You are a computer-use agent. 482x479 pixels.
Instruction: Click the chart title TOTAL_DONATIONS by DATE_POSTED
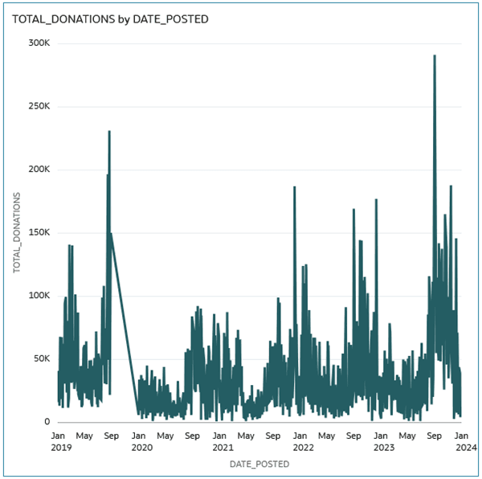click(110, 19)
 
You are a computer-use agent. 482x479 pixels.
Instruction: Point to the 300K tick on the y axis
click(39, 43)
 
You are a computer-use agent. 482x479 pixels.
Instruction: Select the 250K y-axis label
click(39, 106)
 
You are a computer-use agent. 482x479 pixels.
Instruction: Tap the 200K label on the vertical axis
click(39, 169)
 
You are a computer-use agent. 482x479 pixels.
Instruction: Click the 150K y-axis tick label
click(39, 232)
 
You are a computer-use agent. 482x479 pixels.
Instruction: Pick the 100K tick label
click(39, 296)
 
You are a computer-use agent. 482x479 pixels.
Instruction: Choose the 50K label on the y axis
click(42, 358)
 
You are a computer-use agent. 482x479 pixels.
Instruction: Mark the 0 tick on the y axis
click(47, 421)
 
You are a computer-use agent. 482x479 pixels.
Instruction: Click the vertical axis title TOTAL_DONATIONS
click(17, 232)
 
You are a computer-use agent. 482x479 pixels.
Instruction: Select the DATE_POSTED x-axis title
click(259, 464)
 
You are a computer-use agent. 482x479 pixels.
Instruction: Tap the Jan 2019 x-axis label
click(61, 441)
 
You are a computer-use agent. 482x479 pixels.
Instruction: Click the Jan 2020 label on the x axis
click(142, 441)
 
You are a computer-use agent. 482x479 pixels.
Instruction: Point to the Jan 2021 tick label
click(223, 441)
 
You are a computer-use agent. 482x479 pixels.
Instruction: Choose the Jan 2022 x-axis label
click(304, 441)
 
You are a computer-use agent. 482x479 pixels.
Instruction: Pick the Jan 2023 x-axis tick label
click(384, 441)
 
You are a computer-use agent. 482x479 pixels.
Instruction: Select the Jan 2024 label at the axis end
click(466, 441)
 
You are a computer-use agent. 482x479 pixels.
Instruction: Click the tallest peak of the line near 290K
click(435, 56)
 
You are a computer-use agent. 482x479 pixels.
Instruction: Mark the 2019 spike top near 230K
click(109, 132)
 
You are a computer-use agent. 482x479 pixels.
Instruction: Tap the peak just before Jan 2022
click(295, 187)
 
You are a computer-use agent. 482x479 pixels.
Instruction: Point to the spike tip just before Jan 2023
click(376, 200)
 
